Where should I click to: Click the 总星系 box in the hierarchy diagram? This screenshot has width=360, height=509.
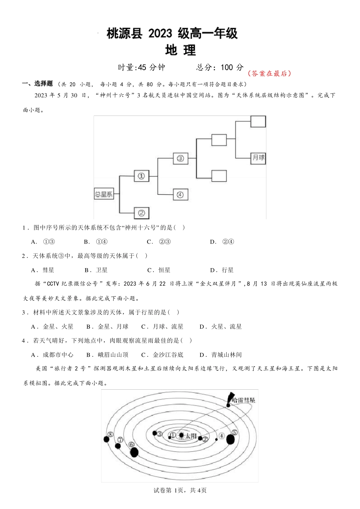point(104,194)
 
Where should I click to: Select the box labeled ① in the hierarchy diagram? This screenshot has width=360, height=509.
point(141,176)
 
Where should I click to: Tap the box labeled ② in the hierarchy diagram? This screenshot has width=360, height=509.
point(142,213)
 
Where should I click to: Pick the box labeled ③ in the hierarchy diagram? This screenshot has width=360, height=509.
point(180,158)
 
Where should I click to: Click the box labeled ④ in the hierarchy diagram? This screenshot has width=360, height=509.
point(180,195)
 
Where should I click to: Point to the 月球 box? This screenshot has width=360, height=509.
point(258,158)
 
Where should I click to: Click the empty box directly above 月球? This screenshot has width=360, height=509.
point(258,122)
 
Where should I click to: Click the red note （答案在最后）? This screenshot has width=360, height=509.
point(269,73)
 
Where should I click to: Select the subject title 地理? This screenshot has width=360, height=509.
point(180,50)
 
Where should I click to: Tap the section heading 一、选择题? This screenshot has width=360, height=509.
point(38,84)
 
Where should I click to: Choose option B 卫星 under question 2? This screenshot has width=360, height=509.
point(96,270)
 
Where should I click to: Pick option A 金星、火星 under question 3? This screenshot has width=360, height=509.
point(53,326)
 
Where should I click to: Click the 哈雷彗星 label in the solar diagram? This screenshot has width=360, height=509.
point(243,400)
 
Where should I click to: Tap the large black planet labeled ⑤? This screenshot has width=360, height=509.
point(230,439)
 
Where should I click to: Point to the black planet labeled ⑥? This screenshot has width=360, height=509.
point(134,452)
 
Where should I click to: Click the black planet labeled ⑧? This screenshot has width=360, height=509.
point(106,439)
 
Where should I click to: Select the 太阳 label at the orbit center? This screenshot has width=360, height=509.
point(191,436)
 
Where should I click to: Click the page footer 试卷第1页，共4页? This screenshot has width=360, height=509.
point(180,490)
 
